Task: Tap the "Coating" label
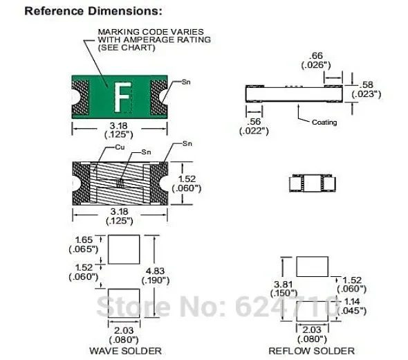[324, 123]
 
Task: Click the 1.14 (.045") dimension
[353, 306]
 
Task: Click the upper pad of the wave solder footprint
[120, 247]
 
